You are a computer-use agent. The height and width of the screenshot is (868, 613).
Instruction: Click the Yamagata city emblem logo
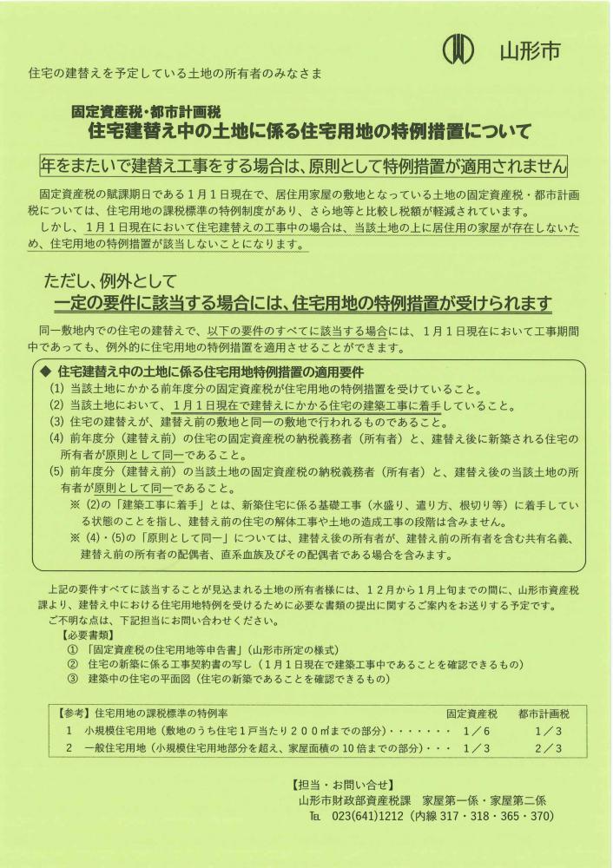coord(458,49)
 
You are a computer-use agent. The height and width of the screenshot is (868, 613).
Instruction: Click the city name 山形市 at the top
coord(530,50)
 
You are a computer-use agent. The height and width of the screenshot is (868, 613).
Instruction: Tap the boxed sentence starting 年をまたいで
coord(305,165)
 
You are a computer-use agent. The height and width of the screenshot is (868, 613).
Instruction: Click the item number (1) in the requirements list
coord(56,388)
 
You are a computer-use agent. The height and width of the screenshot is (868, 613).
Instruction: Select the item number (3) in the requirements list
coord(56,422)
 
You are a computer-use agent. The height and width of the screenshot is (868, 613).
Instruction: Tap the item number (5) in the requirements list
coord(56,473)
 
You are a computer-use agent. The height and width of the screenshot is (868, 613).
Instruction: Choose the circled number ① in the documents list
coord(72,650)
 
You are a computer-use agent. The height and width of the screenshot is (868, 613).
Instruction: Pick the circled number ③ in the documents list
coord(72,680)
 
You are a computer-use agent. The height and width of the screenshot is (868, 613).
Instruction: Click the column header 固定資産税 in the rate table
coord(471,715)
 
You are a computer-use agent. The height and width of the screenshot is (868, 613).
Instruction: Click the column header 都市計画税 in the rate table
coord(543,715)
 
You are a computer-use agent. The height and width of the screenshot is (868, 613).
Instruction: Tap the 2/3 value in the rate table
coord(549,748)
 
